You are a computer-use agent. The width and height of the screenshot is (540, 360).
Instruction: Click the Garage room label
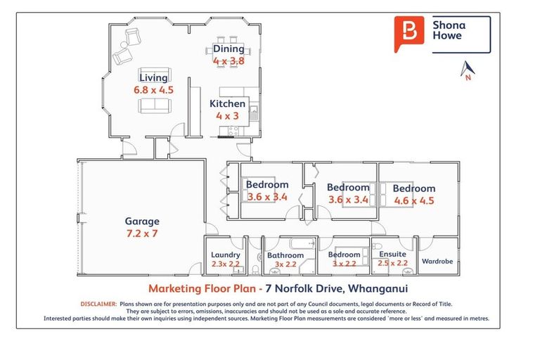pos(142,221)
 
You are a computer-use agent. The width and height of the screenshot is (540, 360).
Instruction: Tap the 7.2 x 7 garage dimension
pos(142,233)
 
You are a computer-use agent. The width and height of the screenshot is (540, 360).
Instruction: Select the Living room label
pos(153,77)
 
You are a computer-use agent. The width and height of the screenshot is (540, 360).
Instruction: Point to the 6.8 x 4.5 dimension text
pos(153,90)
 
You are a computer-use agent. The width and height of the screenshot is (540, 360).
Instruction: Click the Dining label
pos(229,49)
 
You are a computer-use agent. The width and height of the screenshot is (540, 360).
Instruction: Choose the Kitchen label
pos(228,104)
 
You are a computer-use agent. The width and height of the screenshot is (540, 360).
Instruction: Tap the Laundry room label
pos(226,255)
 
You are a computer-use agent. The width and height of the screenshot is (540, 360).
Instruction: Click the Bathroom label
pos(285,256)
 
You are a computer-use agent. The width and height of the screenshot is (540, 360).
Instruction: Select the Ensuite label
pos(392,255)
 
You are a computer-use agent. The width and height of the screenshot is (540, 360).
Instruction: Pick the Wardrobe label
pos(437,261)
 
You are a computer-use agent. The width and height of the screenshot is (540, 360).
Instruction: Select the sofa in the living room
pos(155,106)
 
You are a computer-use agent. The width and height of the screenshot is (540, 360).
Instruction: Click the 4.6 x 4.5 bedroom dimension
pos(413,200)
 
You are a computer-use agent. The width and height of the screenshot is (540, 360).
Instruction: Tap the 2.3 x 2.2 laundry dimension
pos(226,264)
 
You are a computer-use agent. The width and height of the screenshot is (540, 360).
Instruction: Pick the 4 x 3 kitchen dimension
pos(228,116)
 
